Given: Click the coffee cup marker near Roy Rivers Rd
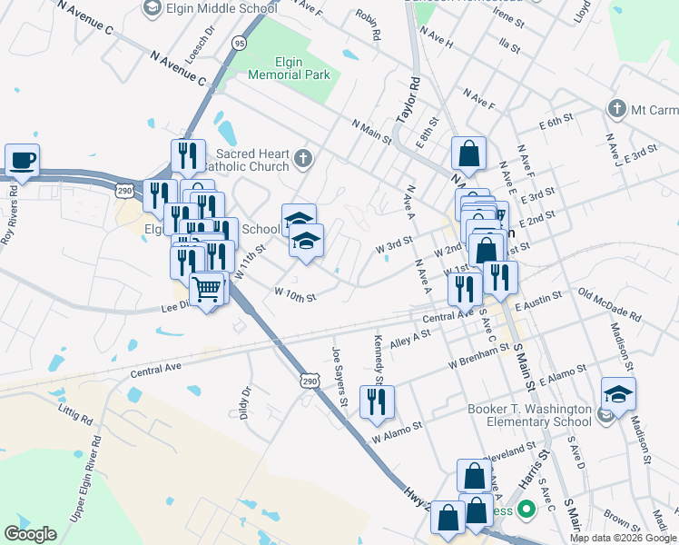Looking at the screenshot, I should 22,160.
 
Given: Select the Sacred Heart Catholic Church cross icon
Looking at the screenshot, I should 303,160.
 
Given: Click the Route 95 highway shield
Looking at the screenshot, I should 238,43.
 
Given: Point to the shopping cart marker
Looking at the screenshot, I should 208,289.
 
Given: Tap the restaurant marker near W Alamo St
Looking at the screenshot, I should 377,401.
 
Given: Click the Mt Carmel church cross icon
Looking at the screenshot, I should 616,109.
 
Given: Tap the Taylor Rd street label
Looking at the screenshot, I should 409,99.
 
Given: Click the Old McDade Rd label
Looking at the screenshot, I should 609,306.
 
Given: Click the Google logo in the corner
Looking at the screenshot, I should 31,534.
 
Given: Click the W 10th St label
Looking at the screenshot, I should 295,295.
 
